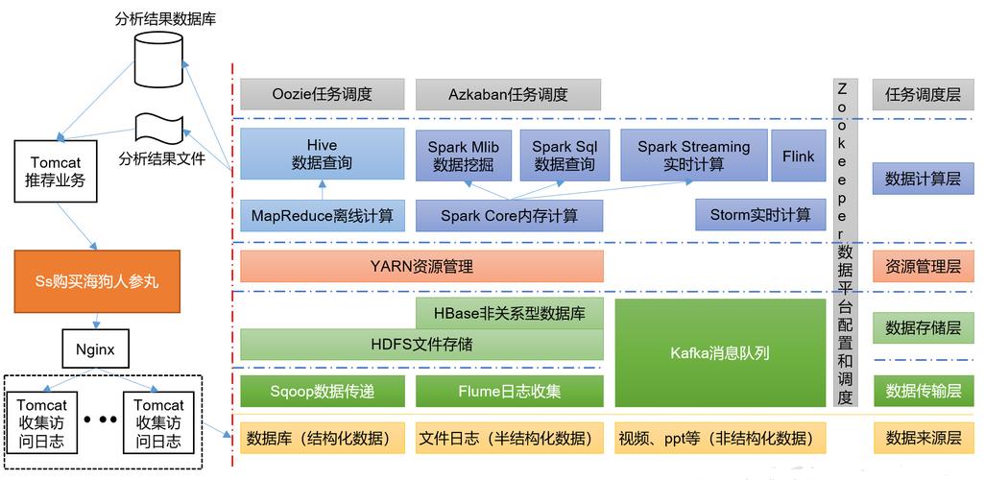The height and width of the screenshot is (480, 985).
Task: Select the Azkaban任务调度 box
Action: click(508, 94)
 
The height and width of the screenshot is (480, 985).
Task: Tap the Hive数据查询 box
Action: click(323, 155)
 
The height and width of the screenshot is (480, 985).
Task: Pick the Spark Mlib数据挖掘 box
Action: click(464, 156)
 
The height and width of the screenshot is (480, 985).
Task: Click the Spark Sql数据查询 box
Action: click(565, 156)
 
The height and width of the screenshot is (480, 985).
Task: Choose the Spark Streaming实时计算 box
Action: click(693, 156)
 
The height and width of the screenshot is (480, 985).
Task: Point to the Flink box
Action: click(798, 156)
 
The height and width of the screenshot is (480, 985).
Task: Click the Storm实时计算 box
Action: click(759, 215)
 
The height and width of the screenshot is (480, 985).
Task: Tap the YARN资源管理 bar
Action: click(421, 266)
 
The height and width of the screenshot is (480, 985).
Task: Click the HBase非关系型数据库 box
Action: click(510, 312)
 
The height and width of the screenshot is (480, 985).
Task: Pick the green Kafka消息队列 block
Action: click(719, 352)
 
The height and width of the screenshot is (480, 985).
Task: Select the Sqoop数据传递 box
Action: click(323, 391)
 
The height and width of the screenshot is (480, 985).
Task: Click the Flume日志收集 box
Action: click(510, 391)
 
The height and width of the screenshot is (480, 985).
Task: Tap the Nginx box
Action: click(94, 349)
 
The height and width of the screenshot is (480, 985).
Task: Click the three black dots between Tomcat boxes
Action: click(100, 419)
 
